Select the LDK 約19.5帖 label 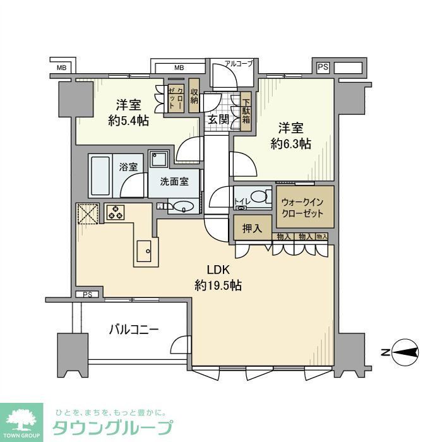point(218,278)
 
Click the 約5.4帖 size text point(128,120)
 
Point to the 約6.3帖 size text point(290,143)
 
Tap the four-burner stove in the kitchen point(115,213)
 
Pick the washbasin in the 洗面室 point(182,206)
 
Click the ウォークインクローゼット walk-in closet point(302,207)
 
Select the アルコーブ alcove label point(239,64)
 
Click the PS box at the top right point(323,67)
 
